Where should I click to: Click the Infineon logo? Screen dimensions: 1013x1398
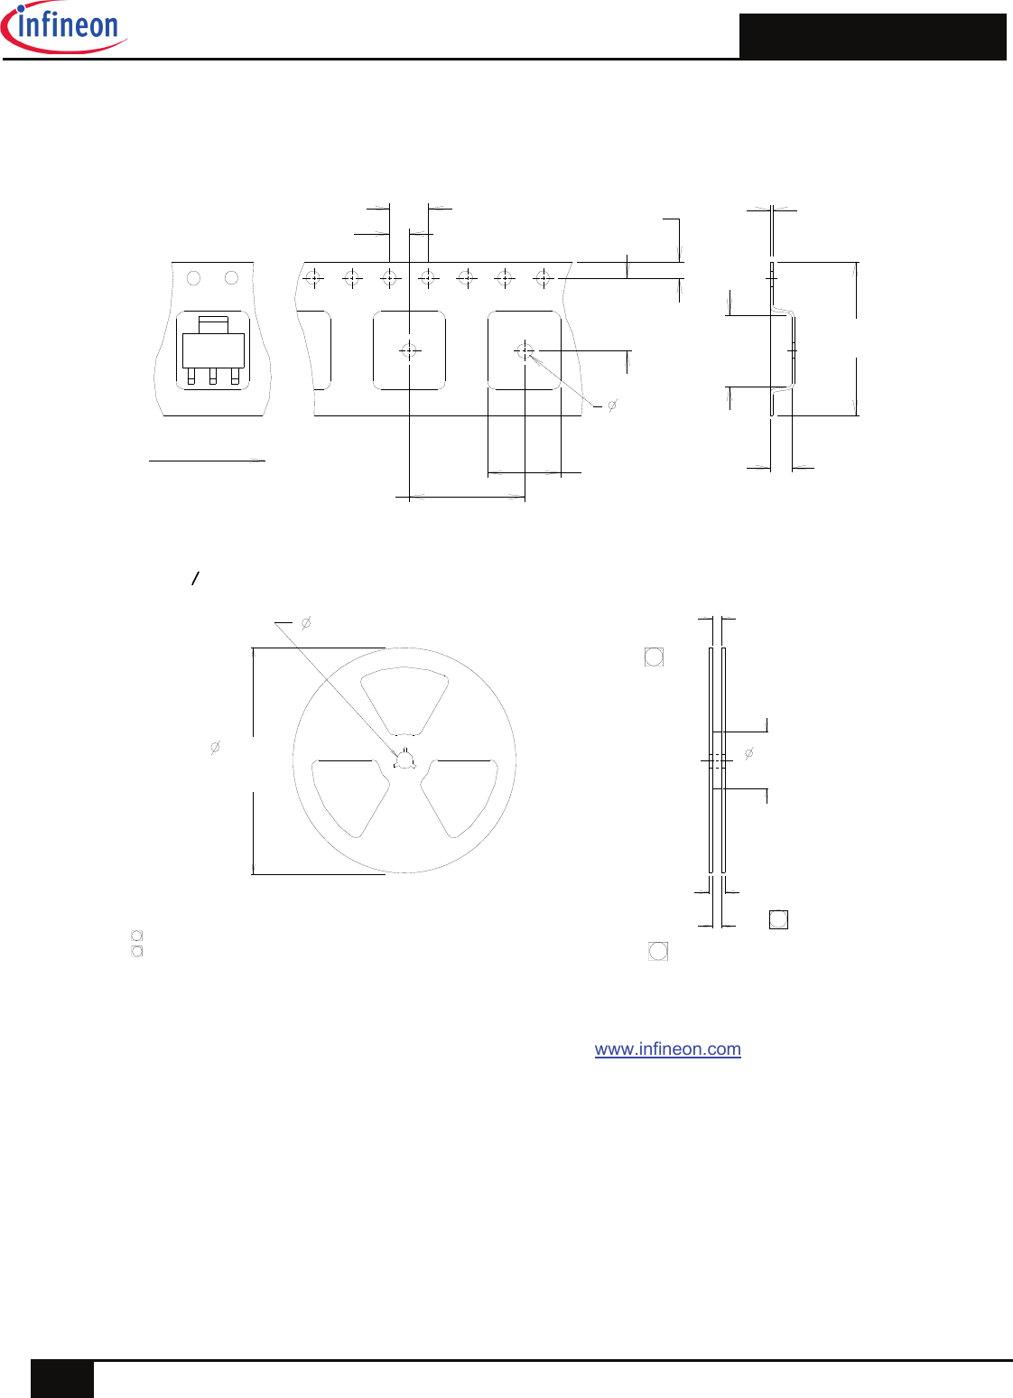(x=63, y=28)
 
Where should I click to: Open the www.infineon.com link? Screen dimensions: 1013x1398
(x=667, y=1049)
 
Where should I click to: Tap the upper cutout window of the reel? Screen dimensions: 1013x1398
(x=404, y=700)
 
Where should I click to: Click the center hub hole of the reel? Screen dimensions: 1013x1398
(x=404, y=760)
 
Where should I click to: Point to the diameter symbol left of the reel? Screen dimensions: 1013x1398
(x=215, y=747)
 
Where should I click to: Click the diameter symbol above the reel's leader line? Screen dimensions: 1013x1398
(x=306, y=623)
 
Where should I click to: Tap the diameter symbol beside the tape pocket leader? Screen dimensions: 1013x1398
(x=612, y=405)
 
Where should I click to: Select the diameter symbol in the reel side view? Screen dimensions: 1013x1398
(x=749, y=753)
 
